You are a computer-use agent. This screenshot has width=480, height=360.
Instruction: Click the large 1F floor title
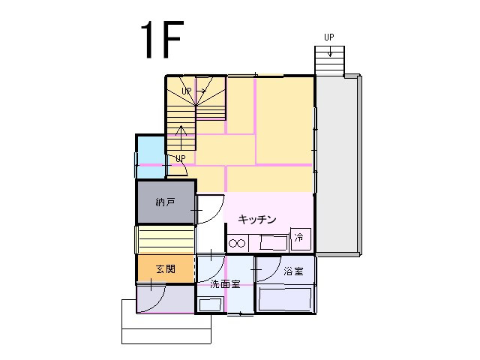(162, 39)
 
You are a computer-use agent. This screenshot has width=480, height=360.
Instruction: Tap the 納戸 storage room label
(165, 202)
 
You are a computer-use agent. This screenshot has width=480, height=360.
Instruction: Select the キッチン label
(257, 219)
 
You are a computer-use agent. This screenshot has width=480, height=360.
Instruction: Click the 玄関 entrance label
(166, 269)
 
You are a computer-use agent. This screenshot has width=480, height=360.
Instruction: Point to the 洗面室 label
(225, 284)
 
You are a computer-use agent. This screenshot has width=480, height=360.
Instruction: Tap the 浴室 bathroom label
(293, 271)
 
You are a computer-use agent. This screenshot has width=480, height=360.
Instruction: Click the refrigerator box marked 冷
(301, 238)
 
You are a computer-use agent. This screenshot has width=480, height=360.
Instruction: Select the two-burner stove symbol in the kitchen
(237, 243)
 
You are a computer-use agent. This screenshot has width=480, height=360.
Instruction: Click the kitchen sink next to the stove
(274, 243)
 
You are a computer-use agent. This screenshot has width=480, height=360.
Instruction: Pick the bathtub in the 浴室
(285, 299)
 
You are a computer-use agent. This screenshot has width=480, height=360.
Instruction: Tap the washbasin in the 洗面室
(210, 305)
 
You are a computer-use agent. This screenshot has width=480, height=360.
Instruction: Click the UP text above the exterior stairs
(329, 37)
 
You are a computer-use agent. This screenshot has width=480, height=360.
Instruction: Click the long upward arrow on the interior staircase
(181, 137)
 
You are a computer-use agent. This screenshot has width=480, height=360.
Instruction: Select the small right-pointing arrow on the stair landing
(201, 91)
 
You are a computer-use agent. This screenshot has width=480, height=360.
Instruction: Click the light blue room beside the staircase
(151, 157)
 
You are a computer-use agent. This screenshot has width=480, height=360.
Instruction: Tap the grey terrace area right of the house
(336, 165)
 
